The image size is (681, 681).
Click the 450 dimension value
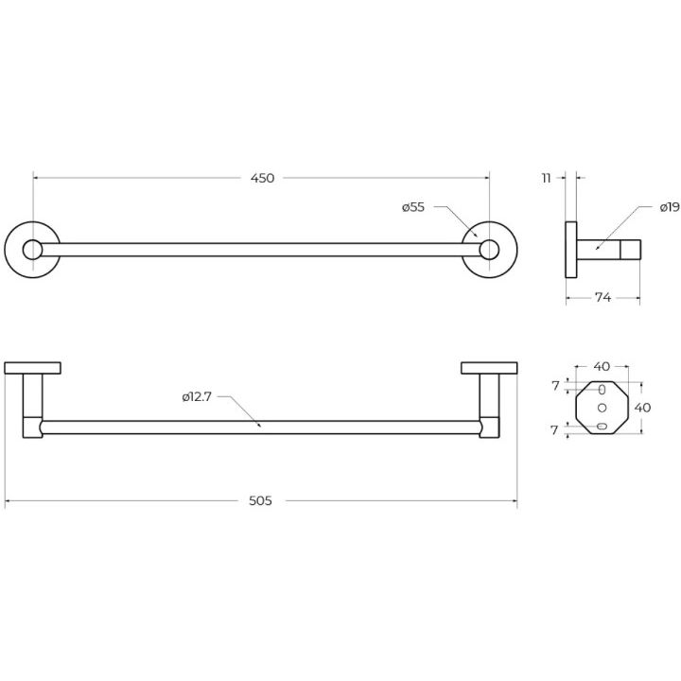[262, 178]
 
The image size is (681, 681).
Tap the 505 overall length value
[261, 500]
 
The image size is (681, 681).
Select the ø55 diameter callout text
[413, 207]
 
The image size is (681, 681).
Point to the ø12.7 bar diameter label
[197, 396]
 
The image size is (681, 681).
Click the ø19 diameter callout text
[670, 207]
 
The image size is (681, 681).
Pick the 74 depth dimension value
[602, 298]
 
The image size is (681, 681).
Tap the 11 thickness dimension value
[547, 178]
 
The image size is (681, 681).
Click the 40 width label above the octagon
[602, 367]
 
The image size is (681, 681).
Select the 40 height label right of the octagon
[643, 408]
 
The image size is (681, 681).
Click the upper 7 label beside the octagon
[555, 386]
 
